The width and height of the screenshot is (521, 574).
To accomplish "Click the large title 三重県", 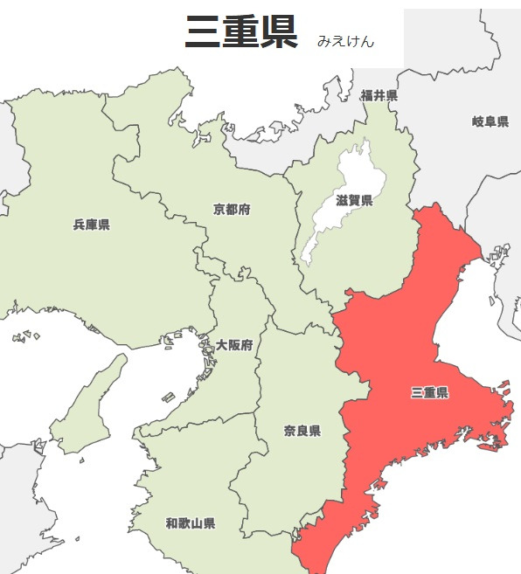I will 241,32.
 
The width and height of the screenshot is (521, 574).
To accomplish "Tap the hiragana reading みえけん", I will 346,41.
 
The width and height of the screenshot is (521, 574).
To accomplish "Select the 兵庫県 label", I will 92,225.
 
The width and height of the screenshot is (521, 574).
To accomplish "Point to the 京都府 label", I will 232,210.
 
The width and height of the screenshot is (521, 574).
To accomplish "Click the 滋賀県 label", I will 354,201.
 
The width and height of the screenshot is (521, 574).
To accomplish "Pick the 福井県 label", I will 379,95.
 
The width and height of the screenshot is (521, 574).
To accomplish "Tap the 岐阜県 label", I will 490,121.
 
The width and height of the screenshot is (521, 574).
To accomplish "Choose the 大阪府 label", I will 234,345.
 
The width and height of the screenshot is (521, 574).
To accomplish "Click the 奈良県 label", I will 302,431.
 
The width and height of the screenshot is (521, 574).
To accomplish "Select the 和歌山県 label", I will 191,523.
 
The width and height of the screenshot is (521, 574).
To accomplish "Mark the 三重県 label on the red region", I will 429,393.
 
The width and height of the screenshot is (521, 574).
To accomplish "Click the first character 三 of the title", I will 203,32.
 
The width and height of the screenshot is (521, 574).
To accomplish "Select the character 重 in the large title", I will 241,32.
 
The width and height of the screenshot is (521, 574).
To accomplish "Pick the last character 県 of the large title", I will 280,32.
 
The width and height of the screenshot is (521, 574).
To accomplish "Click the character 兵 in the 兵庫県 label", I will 80,225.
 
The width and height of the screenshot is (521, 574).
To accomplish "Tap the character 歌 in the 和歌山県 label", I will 184,523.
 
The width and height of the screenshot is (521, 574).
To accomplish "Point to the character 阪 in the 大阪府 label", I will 234,345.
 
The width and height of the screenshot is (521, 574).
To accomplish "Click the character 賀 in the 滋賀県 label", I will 354,201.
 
